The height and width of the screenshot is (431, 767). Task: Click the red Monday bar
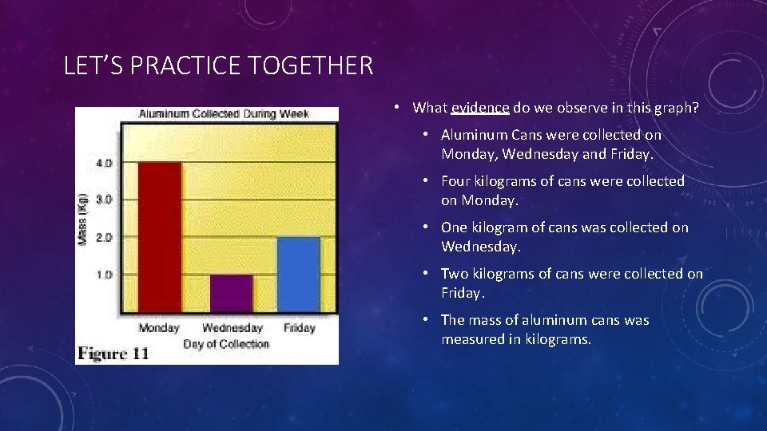(160, 237)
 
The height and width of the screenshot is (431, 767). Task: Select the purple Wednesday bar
(232, 293)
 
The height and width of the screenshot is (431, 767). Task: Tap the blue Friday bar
(299, 275)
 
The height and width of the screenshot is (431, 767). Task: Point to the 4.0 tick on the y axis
(105, 163)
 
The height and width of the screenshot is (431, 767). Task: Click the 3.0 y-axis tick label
(105, 200)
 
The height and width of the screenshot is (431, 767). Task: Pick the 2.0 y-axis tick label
(105, 237)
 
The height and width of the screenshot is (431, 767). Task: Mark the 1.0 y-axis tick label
(105, 275)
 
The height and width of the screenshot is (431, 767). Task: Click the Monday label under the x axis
(159, 328)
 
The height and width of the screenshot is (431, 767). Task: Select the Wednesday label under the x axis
(232, 328)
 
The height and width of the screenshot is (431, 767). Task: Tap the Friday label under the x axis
(299, 328)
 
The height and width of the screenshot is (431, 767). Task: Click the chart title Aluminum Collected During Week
(224, 114)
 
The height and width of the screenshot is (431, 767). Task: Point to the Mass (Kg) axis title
(82, 219)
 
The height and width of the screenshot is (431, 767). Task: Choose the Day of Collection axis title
(226, 344)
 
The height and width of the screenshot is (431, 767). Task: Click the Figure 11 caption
(113, 354)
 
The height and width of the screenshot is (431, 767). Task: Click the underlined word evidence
(480, 108)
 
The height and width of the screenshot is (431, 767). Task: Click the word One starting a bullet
(455, 227)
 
